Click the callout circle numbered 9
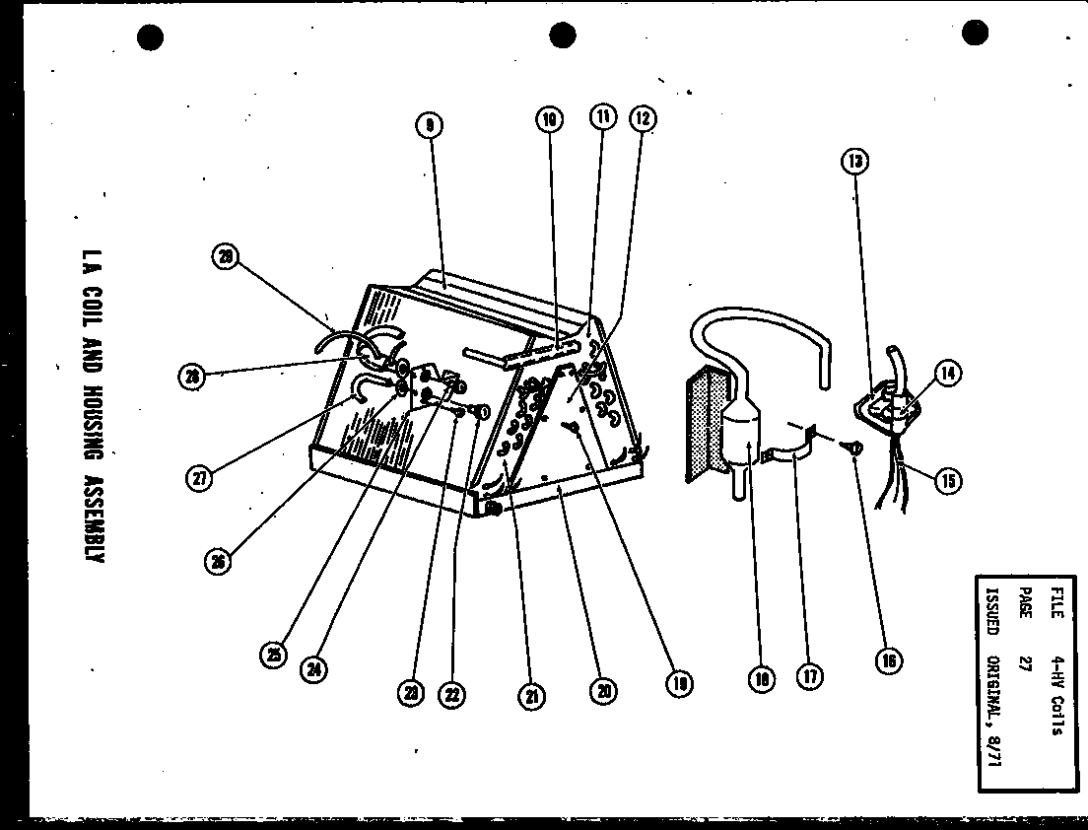[429, 124]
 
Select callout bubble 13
[855, 161]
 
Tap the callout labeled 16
[888, 661]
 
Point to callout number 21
[531, 696]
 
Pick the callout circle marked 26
[218, 562]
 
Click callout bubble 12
[643, 119]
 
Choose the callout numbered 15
[948, 481]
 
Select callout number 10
[550, 120]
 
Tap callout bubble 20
[604, 691]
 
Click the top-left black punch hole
[150, 37]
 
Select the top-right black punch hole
[975, 35]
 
